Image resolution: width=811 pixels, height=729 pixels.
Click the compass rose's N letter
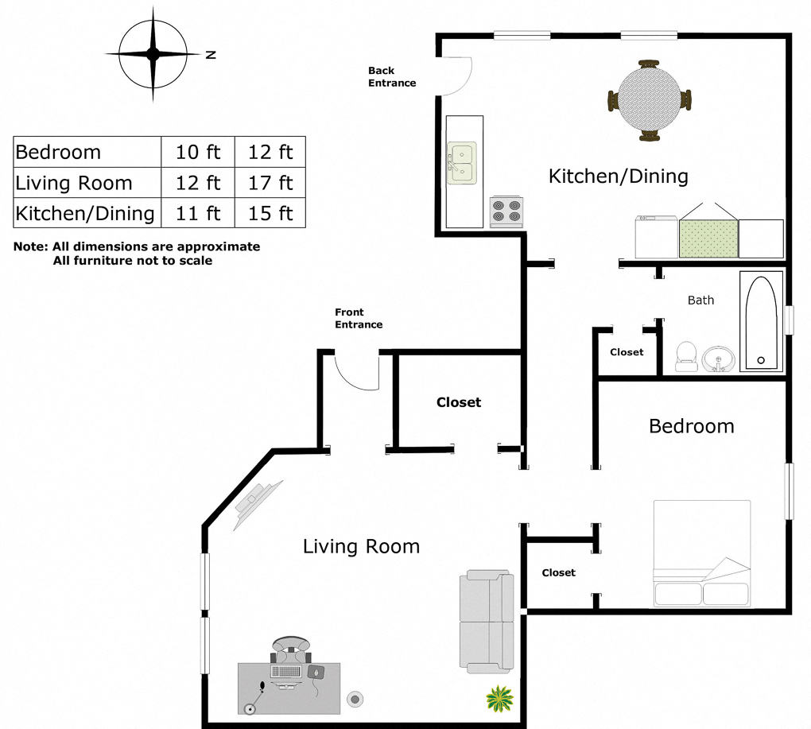click(211, 54)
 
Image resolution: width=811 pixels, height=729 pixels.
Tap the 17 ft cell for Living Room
click(270, 183)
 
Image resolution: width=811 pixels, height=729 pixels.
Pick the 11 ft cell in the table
click(198, 213)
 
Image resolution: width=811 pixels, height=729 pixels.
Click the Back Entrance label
click(392, 76)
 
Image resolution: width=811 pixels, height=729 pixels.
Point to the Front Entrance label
click(359, 318)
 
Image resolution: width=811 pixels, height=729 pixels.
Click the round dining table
click(649, 100)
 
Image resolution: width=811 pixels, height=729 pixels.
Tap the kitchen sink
click(462, 163)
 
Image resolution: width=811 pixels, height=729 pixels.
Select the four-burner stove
click(506, 211)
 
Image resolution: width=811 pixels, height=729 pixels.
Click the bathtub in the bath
click(761, 322)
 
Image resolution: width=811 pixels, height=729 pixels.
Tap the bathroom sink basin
click(718, 359)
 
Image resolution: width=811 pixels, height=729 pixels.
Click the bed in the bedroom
click(702, 553)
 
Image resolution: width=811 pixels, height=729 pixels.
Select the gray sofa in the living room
click(487, 622)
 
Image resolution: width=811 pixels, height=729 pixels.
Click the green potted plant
click(499, 699)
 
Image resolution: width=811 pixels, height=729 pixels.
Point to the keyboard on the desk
click(285, 671)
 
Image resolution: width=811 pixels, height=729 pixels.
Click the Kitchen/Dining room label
click(618, 176)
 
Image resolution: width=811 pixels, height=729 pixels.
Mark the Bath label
click(700, 300)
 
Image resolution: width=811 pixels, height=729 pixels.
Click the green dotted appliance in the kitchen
click(708, 238)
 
